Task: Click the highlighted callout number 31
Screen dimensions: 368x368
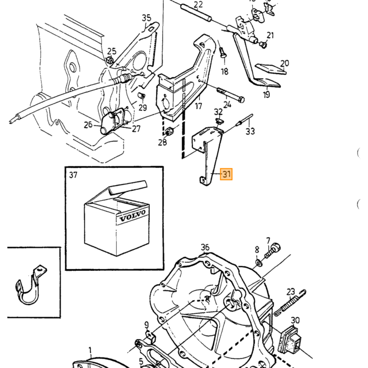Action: tap(226, 174)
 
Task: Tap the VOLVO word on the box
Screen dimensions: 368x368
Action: tap(132, 216)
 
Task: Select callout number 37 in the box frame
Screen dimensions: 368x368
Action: tap(73, 175)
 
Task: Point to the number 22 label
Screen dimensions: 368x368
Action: tap(198, 5)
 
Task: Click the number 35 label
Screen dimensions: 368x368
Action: tap(147, 18)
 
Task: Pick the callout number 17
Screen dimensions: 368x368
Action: tap(199, 106)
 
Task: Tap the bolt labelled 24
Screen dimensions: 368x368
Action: tap(231, 95)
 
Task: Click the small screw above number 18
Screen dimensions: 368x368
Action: tap(223, 53)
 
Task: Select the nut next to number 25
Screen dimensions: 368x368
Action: tap(109, 60)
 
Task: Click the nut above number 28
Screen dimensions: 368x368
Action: tap(169, 131)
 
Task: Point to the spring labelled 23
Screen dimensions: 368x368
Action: tap(290, 303)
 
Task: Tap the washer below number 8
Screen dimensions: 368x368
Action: tap(259, 262)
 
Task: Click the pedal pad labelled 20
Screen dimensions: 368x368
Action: tap(271, 69)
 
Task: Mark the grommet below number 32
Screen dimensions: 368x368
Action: tap(219, 121)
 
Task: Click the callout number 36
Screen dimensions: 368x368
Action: tap(205, 247)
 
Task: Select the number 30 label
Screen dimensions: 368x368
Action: tap(295, 320)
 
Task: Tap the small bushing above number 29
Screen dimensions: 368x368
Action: tap(141, 96)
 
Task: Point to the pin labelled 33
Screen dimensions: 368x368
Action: tap(246, 120)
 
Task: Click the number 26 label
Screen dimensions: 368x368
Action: tap(88, 125)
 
